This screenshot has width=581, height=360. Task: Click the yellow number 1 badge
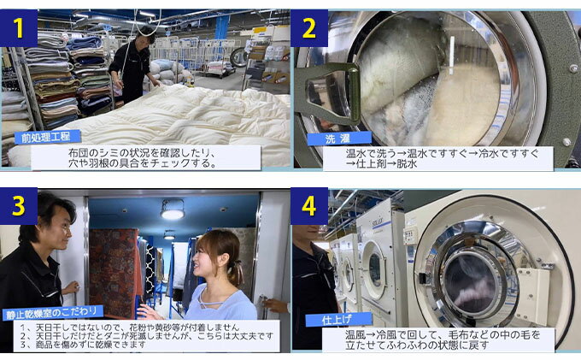[19, 28]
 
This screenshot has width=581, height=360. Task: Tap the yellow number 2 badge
[309, 28]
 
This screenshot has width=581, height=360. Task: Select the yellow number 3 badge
[19, 206]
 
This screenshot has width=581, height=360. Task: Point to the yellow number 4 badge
[309, 206]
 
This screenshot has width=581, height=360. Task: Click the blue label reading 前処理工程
[48, 137]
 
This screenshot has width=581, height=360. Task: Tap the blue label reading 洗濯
[338, 139]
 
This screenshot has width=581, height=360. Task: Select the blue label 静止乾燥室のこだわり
[53, 313]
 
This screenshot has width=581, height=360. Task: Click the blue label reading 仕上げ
[338, 320]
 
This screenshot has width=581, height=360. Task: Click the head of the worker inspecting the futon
[146, 35]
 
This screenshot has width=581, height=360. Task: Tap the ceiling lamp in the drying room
[173, 210]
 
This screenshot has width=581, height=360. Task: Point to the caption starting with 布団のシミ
[142, 158]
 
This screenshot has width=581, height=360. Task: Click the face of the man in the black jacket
[60, 225]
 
